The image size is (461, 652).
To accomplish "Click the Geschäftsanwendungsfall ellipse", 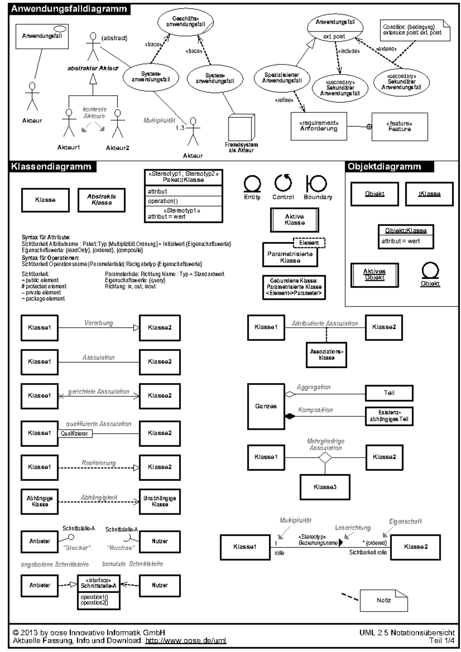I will tap(186, 22).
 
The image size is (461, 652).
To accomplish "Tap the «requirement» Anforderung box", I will tap(319, 126).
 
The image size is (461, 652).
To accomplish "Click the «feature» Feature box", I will tap(400, 127).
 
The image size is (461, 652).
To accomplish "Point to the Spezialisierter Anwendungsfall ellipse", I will tap(282, 78).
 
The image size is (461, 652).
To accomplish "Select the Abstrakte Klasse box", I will tap(101, 200).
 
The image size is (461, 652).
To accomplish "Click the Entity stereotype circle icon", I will tap(252, 184).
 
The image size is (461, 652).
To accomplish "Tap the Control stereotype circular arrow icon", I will tap(283, 183).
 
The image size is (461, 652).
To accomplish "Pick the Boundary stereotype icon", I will tap(317, 184).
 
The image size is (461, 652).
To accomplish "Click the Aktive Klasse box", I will tap(295, 220).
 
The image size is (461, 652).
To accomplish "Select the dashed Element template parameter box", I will tap(309, 243).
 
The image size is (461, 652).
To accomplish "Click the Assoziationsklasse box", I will tap(327, 355).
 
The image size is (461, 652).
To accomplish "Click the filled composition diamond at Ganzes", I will tap(290, 416).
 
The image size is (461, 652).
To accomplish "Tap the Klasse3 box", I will tap(325, 487).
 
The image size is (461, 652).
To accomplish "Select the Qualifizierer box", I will tap(75, 434).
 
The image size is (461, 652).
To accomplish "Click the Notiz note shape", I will tap(383, 600).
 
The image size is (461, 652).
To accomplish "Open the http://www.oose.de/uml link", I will tap(186, 640).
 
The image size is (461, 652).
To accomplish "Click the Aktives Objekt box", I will tap(375, 275).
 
